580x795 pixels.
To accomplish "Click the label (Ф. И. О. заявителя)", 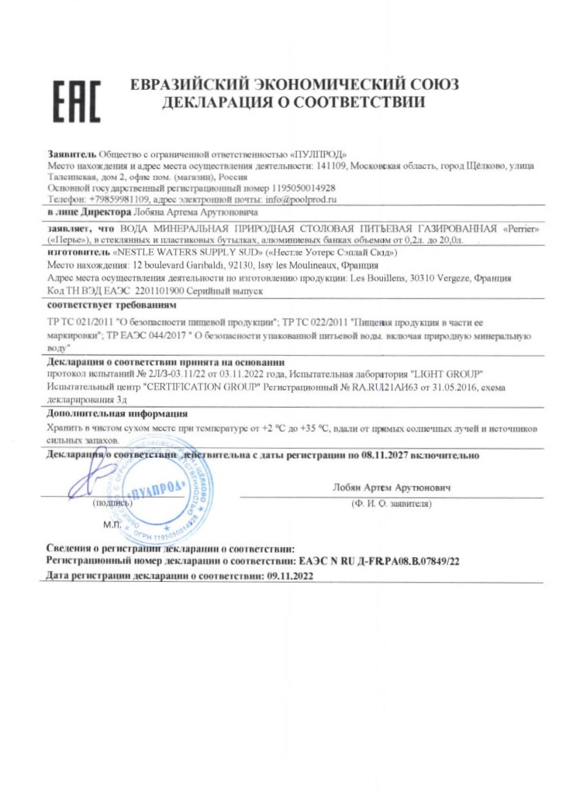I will click(x=391, y=504).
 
